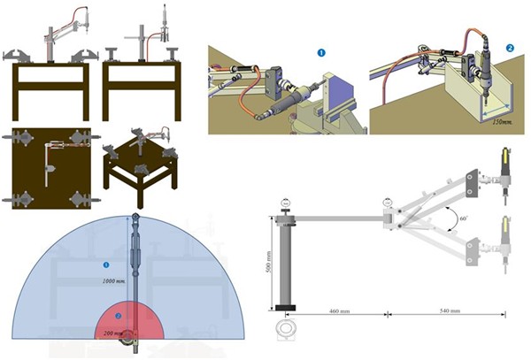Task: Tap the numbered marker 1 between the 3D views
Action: tap(322, 53)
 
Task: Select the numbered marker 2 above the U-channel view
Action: tap(510, 47)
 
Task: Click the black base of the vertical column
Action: tap(285, 307)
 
